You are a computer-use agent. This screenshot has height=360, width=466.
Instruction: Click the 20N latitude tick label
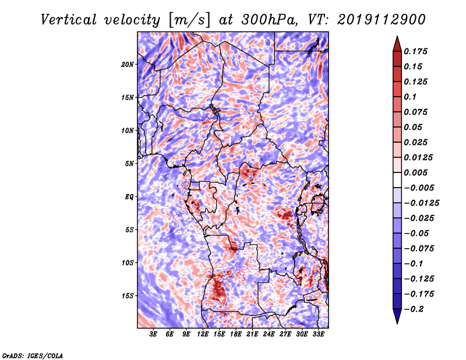(128, 65)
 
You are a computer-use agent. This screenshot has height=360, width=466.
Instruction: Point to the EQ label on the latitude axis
(129, 197)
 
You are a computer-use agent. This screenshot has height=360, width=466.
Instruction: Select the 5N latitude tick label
(129, 164)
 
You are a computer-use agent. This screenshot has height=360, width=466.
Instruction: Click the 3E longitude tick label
(153, 334)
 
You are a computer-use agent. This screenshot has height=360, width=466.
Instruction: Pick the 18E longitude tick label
(236, 334)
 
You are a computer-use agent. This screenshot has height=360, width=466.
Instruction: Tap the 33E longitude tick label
(318, 334)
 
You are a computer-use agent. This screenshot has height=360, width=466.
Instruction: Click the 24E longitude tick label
(269, 334)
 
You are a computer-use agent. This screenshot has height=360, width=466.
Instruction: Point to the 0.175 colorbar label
(415, 51)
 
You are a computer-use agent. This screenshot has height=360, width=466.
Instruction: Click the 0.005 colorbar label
(415, 172)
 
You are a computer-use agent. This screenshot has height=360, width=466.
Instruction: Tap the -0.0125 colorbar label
(421, 203)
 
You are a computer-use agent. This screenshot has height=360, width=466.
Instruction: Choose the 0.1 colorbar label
(410, 97)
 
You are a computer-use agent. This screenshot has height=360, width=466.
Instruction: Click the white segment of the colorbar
(397, 180)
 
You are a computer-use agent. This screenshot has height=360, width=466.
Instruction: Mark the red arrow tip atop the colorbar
(397, 36)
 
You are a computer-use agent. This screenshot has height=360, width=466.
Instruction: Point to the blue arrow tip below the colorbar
(397, 323)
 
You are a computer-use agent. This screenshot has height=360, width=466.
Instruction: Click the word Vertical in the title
(69, 20)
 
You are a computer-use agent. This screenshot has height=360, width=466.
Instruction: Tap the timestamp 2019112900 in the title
(382, 20)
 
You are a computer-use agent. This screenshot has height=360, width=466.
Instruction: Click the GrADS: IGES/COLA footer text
(33, 355)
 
